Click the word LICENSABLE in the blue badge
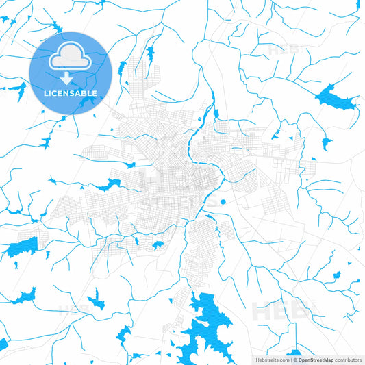[71, 93]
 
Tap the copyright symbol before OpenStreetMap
[294, 359]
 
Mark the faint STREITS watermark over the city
[182, 203]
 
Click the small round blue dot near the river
[223, 201]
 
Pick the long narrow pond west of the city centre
[105, 186]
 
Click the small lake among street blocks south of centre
[158, 244]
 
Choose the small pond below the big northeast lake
[325, 143]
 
